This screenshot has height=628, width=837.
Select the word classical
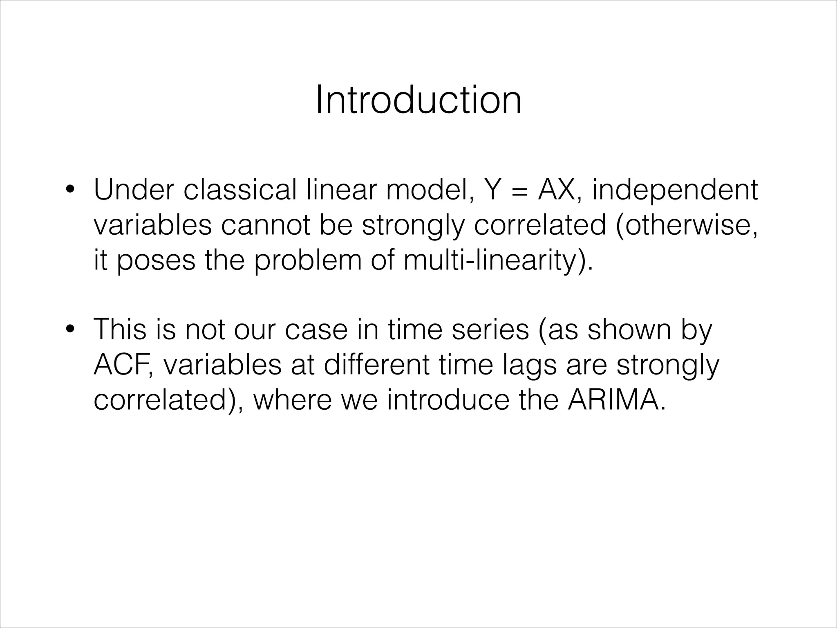click(x=240, y=190)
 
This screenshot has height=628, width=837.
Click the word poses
click(x=157, y=261)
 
